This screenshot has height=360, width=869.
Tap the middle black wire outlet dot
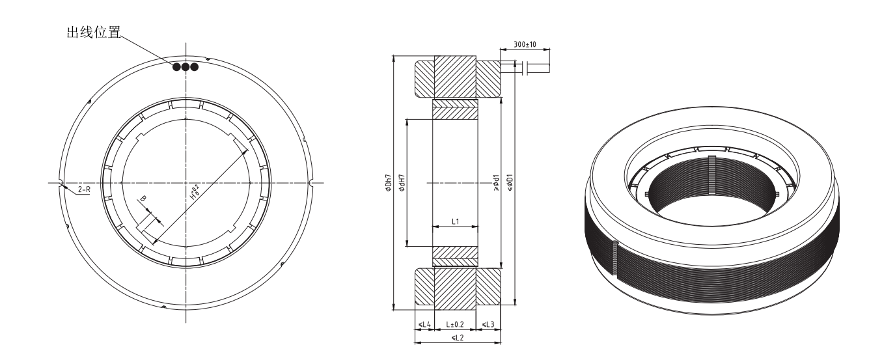click(185, 66)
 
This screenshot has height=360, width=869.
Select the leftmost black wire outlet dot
click(176, 66)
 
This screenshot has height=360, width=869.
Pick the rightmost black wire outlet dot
click(193, 66)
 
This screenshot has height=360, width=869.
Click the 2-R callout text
click(84, 189)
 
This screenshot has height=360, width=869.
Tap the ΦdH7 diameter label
click(402, 184)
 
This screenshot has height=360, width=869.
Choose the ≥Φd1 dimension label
click(497, 184)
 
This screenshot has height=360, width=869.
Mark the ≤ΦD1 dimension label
click(511, 184)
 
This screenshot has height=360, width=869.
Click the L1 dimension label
click(455, 221)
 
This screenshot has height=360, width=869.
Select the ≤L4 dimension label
click(424, 324)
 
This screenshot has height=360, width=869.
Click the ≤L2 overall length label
click(457, 338)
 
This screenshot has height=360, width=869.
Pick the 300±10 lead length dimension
click(524, 44)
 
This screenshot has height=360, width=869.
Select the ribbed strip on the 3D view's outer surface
click(614, 267)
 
